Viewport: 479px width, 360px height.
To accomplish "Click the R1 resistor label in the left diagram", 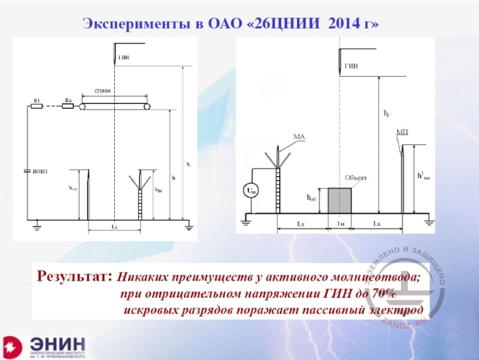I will coord(38,101).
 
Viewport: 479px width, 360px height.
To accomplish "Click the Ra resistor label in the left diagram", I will coord(68,101).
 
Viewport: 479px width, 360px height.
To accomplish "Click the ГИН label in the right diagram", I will coord(351,66).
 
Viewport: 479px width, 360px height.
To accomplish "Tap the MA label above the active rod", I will coord(298,137).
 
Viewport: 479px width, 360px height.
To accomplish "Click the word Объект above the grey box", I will coord(356,178).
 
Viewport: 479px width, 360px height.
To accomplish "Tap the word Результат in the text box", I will coord(73,278).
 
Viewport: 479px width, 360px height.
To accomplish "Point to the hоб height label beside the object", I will coord(312,198).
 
